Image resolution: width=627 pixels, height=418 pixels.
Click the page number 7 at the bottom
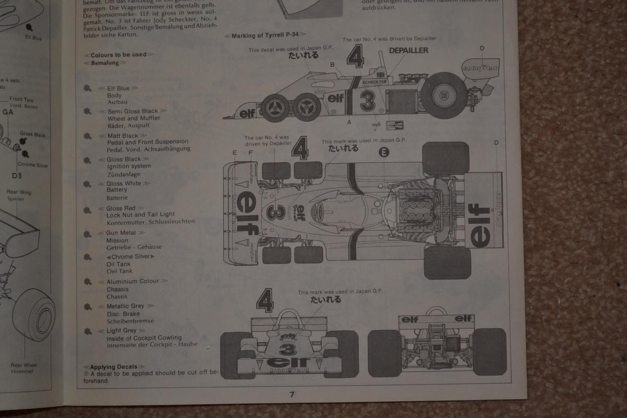point(292,394)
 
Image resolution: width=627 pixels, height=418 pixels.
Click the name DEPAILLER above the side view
point(408,51)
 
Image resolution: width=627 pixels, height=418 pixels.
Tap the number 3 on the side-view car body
point(367,101)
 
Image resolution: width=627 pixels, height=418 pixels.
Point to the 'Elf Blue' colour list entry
point(118,88)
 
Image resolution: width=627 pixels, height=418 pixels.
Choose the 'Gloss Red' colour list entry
point(121,208)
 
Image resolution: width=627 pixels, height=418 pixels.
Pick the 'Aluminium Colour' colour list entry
point(133,281)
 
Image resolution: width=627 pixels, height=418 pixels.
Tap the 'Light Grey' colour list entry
point(121,330)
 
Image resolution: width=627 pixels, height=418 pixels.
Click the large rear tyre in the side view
point(444,96)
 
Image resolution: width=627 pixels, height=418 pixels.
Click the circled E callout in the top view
point(384,152)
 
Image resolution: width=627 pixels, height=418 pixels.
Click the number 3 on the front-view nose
point(286,349)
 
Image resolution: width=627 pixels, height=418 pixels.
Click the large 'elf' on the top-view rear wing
point(480,225)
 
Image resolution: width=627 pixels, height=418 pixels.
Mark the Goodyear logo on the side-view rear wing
point(480,68)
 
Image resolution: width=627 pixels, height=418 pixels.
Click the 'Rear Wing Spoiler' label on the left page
point(19,195)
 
